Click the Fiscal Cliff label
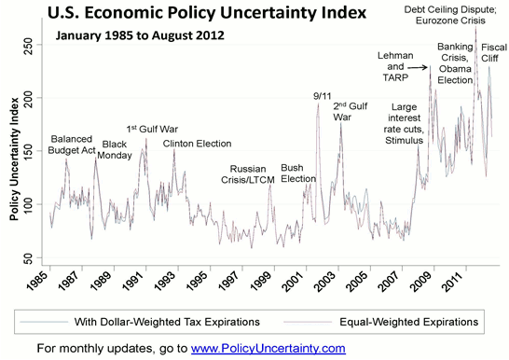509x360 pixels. tap(488, 51)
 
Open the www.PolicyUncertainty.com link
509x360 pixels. tap(268, 348)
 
